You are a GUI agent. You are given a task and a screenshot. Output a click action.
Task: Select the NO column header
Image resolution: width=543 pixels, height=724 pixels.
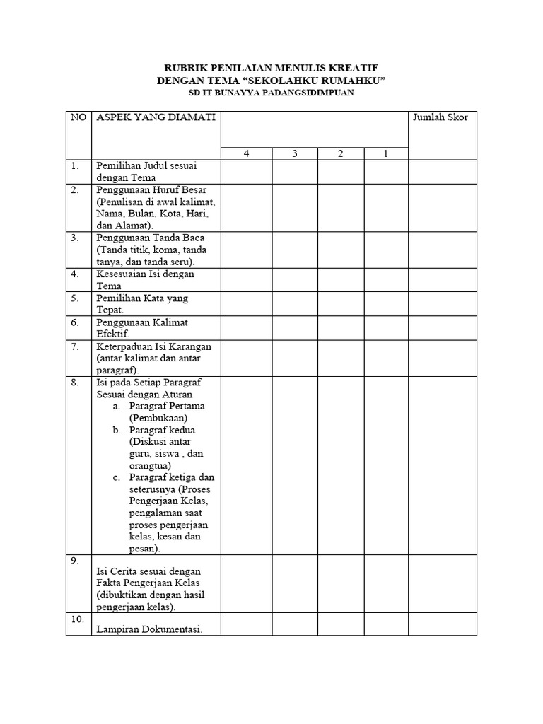77,117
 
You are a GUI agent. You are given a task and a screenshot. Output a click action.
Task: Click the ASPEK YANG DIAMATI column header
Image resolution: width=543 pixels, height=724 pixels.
156,117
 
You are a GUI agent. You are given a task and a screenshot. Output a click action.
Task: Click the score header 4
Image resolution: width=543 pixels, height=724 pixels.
246,154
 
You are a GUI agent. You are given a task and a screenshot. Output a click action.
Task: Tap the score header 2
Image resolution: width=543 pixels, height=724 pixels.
340,154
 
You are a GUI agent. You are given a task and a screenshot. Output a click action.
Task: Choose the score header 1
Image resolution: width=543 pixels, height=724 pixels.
386,154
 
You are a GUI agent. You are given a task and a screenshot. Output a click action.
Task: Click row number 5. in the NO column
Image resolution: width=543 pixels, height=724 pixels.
74,298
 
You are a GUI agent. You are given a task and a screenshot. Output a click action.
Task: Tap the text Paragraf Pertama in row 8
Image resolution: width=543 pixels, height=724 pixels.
163,407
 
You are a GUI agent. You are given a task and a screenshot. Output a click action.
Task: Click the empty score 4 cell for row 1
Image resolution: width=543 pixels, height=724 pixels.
246,172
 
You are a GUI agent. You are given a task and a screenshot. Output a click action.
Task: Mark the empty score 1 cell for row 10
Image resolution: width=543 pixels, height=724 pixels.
386,624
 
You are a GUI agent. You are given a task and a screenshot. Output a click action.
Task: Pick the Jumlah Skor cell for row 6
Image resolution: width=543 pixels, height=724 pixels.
443,328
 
